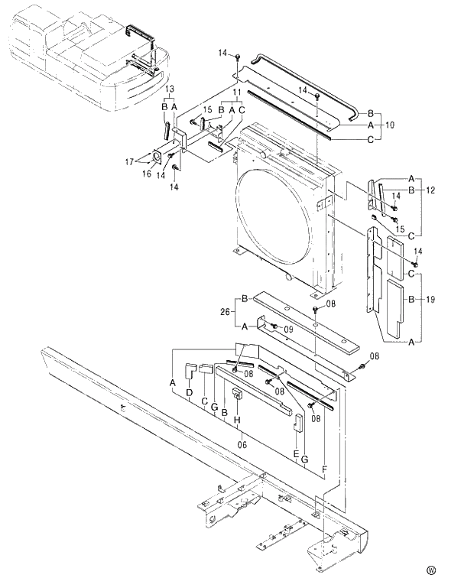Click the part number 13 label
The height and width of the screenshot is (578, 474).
(x=170, y=89)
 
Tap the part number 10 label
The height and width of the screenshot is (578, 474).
(x=391, y=123)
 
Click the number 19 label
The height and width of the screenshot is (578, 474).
(x=430, y=300)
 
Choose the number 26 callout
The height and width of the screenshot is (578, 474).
(x=224, y=311)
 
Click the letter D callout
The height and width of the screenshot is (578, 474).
(x=190, y=392)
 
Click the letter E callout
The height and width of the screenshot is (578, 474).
(x=296, y=453)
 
